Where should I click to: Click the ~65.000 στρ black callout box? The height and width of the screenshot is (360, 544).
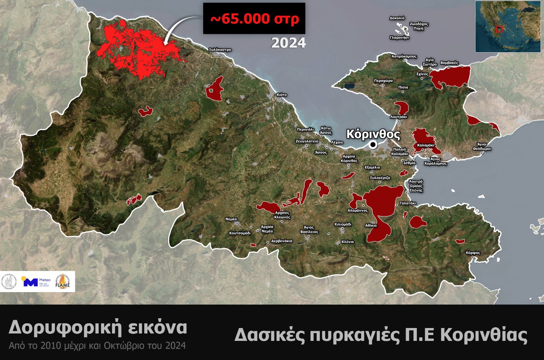(x=254, y=18)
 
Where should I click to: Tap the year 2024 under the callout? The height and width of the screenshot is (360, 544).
(x=289, y=43)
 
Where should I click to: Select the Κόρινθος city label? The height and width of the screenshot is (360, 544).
(x=373, y=134)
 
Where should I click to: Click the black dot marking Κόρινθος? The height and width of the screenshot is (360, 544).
(x=373, y=145)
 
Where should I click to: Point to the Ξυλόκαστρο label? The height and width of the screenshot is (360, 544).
(x=220, y=50)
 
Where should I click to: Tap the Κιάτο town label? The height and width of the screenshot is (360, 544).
(x=282, y=95)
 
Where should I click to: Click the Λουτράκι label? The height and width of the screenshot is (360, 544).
(x=399, y=117)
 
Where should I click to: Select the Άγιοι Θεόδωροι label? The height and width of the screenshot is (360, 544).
(x=482, y=147)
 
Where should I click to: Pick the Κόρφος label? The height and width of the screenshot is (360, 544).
(x=473, y=253)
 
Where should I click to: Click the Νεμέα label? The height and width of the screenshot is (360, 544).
(x=231, y=219)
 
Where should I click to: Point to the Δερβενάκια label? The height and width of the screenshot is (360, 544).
(x=282, y=241)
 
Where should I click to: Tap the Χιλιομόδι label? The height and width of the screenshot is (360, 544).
(x=343, y=224)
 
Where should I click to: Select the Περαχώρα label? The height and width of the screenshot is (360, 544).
(x=383, y=81)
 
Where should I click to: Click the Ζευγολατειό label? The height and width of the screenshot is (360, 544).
(x=307, y=141)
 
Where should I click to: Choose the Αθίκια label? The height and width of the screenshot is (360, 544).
(x=371, y=225)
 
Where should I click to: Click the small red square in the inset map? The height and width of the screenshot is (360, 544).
(x=499, y=29)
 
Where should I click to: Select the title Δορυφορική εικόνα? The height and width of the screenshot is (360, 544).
(x=98, y=328)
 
